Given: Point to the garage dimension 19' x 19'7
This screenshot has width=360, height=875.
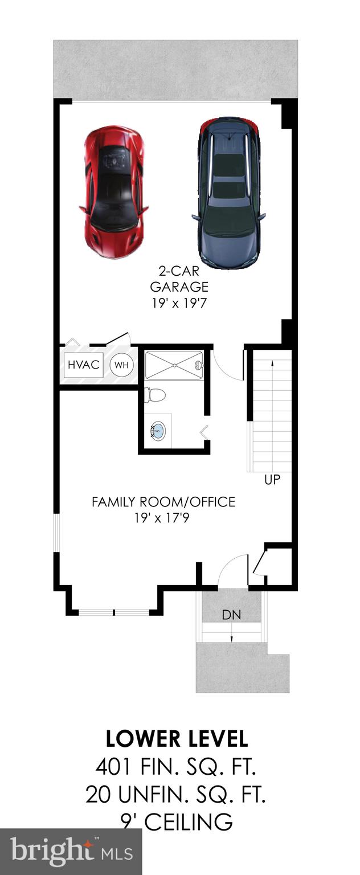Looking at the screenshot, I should [x=178, y=304].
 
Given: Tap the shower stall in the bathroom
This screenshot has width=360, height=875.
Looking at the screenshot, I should [x=174, y=365].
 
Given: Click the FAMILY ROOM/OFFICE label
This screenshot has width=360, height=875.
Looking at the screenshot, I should [x=163, y=502].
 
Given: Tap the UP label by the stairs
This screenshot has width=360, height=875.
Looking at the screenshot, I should [x=272, y=480].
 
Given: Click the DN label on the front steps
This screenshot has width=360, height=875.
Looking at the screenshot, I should [x=231, y=615].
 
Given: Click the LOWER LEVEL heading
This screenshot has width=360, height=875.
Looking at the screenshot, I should [x=177, y=739].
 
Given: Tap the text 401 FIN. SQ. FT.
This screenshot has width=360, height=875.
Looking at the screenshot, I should [x=177, y=767].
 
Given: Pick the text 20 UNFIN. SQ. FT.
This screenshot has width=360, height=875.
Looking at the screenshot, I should [x=177, y=794].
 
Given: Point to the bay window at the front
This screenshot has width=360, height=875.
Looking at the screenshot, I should [x=114, y=612].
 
